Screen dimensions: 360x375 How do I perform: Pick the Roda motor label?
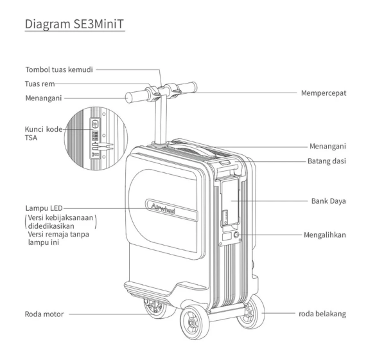40,315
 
